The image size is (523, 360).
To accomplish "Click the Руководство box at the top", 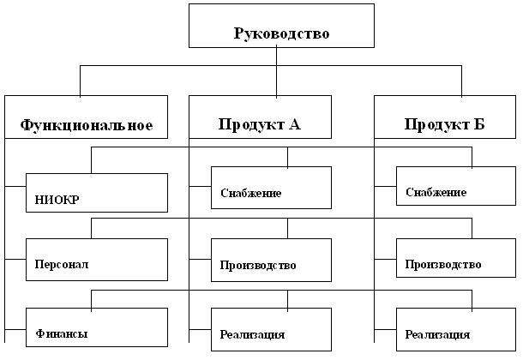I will pos(280,26).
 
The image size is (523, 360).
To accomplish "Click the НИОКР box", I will pos(96,192).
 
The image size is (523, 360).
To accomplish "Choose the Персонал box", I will pos(96,259).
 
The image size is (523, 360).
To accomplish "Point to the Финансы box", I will pos(96,327).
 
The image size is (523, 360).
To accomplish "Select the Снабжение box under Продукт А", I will pos(271,187).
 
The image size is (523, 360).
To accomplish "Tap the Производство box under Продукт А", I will pos(271,259).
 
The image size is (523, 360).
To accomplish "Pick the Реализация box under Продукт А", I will pos(271,327).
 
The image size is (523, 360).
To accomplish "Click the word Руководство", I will pos(281,34).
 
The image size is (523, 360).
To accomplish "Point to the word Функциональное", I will pos(86,125).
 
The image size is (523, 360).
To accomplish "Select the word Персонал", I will pos(62,265).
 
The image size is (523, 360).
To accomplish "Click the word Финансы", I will pos(62,333).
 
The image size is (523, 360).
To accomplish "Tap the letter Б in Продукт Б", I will pos(479,125).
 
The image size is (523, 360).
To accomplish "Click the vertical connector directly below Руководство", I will pos(277,56).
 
